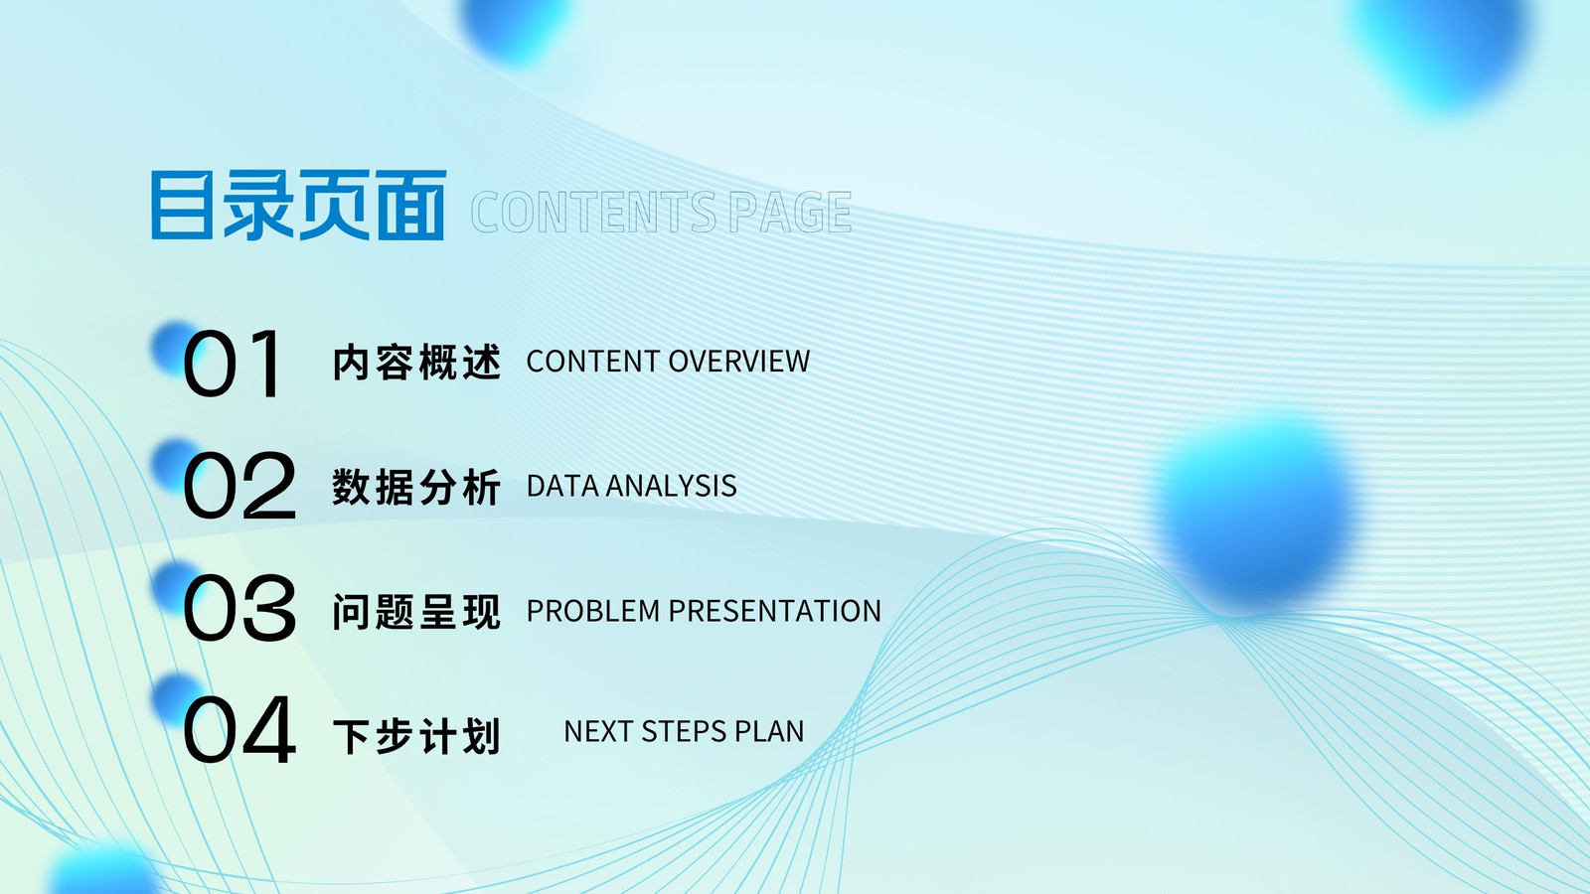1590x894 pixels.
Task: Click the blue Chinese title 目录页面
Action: tap(298, 205)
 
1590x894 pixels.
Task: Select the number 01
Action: tap(233, 364)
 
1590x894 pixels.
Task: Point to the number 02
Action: tap(239, 486)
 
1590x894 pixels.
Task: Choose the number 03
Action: tap(239, 608)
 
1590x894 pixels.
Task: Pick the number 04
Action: tap(239, 730)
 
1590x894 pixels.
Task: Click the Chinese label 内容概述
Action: tap(417, 362)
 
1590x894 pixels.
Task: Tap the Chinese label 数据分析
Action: tap(417, 487)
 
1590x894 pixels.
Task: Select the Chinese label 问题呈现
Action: tap(417, 611)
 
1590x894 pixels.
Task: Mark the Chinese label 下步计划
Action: tap(417, 736)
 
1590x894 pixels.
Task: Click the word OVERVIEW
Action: tap(739, 362)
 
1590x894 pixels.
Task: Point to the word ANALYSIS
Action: tap(672, 486)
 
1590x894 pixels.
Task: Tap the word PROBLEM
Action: tap(593, 611)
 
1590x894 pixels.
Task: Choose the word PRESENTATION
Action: tap(774, 611)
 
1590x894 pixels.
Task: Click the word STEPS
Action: tap(675, 731)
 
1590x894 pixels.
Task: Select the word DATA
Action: tap(561, 486)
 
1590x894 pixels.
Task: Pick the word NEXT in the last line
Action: tap(598, 731)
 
